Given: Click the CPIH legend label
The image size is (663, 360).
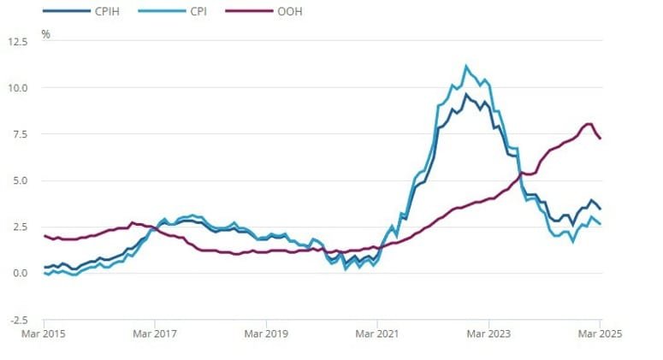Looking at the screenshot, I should tap(103, 11).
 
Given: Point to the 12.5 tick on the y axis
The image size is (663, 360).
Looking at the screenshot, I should tap(17, 41).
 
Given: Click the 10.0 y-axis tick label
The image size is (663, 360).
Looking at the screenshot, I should tap(18, 87).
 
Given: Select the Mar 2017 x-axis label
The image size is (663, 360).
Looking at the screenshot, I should tap(155, 333).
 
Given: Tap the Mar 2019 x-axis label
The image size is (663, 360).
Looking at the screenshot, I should tap(266, 333).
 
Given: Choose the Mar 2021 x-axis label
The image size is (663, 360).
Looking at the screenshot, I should tap(377, 333).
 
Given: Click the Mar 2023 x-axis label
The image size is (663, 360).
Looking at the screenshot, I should tap(488, 333).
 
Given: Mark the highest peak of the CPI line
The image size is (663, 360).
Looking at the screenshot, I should tap(466, 66).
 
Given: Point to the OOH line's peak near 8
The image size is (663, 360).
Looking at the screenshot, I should tap(589, 124).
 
